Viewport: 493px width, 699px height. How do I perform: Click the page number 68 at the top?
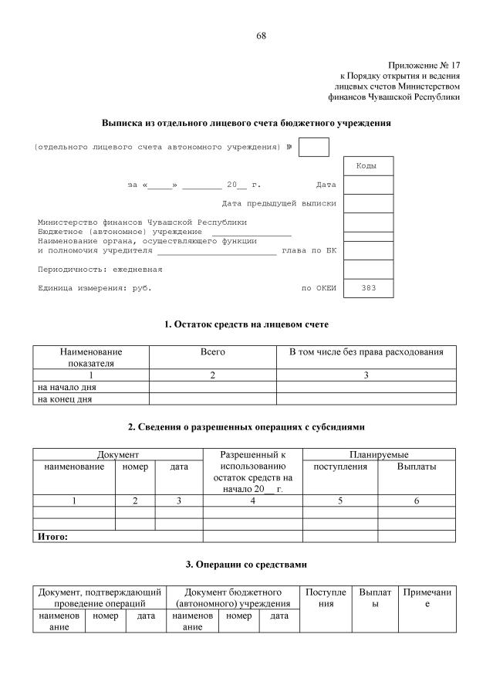[x=262, y=36]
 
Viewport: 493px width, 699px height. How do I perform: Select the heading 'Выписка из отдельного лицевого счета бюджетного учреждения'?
[x=246, y=123]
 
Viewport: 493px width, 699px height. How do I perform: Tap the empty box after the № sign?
[x=313, y=147]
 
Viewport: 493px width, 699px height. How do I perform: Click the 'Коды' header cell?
[x=367, y=166]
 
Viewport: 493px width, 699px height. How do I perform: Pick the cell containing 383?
[x=367, y=288]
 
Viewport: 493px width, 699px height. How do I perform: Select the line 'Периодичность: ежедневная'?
[x=100, y=270]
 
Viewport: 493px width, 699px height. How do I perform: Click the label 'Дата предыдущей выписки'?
[x=279, y=203]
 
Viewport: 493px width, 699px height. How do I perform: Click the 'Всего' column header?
[x=212, y=352]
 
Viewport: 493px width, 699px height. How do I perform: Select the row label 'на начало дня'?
[x=66, y=387]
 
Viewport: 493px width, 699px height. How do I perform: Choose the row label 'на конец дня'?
[x=64, y=399]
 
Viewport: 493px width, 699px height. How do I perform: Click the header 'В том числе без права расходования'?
[x=366, y=352]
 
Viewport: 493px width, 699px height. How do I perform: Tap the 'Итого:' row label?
[x=52, y=536]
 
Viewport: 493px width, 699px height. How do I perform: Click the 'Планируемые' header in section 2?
[x=378, y=455]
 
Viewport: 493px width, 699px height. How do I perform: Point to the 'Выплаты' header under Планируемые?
[x=416, y=467]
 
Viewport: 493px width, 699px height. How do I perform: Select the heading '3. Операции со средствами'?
[x=246, y=565]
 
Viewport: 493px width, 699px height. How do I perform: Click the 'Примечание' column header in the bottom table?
[x=427, y=597]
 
